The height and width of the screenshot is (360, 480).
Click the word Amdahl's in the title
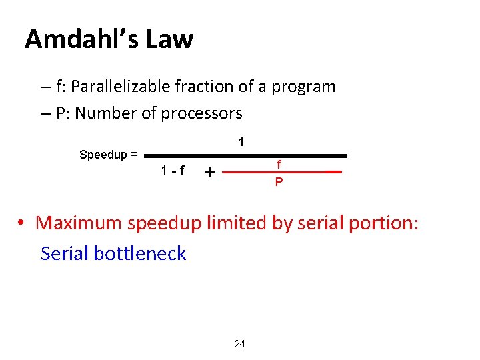pyautogui.click(x=82, y=39)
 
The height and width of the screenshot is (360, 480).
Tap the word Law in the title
pyautogui.click(x=169, y=39)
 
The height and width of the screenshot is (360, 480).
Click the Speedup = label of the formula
pyautogui.click(x=109, y=155)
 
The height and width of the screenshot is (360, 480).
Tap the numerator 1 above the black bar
pyautogui.click(x=241, y=142)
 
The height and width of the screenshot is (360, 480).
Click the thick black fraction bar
pyautogui.click(x=247, y=155)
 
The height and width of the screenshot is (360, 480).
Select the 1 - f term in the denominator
pyautogui.click(x=173, y=171)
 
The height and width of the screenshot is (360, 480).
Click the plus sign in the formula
pyautogui.click(x=209, y=172)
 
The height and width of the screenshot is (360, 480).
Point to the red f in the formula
pyautogui.click(x=279, y=164)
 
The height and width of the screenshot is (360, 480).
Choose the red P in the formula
pyautogui.click(x=279, y=181)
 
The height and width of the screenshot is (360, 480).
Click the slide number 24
pyautogui.click(x=240, y=344)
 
